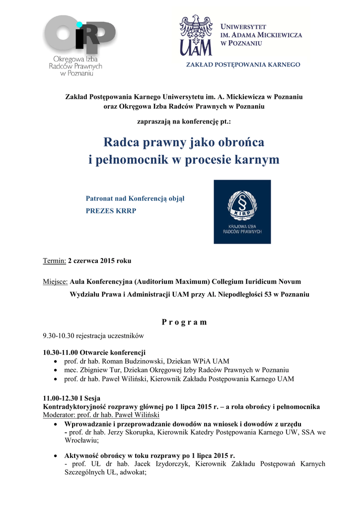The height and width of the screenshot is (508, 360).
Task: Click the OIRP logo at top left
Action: [x=79, y=45]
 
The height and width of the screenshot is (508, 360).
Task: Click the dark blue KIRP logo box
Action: [x=242, y=212]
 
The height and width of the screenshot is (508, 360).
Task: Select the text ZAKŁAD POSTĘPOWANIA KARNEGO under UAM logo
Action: [x=243, y=64]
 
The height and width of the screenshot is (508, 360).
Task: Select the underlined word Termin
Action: [x=55, y=260]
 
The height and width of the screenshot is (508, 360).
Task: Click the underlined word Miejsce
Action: [x=55, y=282]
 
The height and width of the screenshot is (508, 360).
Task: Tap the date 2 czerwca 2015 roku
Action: [x=100, y=260]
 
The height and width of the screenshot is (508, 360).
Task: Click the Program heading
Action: [x=184, y=322]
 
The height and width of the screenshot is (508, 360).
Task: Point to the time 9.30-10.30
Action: [x=59, y=335]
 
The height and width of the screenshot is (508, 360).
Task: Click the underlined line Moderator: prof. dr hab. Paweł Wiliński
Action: [x=104, y=414]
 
